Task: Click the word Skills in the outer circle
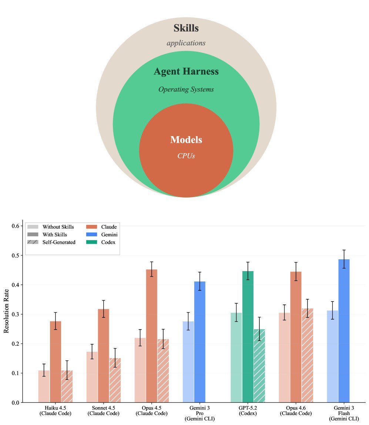[x=186, y=28]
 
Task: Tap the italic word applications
[x=186, y=43]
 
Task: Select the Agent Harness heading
[x=186, y=71]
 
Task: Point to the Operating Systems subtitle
[x=186, y=90]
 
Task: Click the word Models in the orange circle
[x=186, y=140]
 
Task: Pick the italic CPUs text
[x=186, y=156]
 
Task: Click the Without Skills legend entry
[x=58, y=227]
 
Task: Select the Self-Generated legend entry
[x=58, y=242]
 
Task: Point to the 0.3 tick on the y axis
[x=15, y=314]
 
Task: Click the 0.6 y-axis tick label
[x=15, y=226]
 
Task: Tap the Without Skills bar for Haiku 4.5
[x=44, y=386]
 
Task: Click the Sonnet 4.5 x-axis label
[x=103, y=411]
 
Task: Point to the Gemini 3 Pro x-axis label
[x=199, y=413]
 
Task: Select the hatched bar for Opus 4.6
[x=307, y=355]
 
